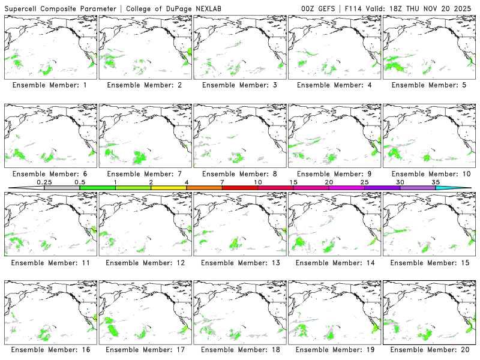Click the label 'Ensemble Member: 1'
point(50,85)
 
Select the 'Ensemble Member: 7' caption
point(145,174)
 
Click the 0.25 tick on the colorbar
point(44,188)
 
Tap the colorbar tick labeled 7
point(222,188)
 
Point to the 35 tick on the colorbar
point(436,188)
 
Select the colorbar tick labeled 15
point(293,188)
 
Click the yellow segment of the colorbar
point(169,188)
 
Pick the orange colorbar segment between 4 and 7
point(204,188)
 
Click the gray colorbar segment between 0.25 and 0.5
point(62,188)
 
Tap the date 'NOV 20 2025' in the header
point(450,8)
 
